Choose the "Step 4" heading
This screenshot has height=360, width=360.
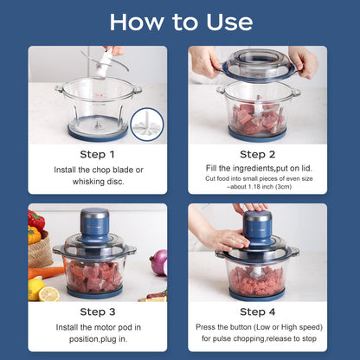[x=257, y=312]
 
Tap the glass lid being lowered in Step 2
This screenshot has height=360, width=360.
[x=257, y=65]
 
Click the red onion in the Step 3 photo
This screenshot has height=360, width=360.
[x=159, y=262]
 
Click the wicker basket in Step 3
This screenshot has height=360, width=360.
[x=39, y=251]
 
